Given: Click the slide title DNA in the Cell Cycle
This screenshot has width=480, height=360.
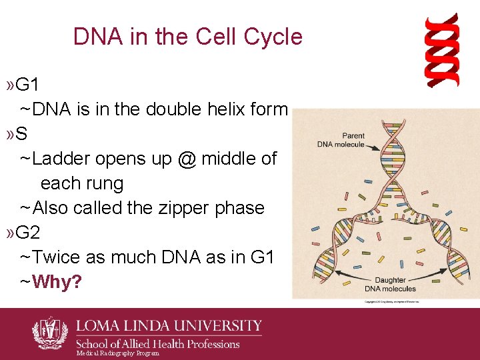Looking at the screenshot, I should (x=187, y=37).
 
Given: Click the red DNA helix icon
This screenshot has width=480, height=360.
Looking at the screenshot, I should (x=443, y=50).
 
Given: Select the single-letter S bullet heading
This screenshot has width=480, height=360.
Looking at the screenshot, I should (x=21, y=134).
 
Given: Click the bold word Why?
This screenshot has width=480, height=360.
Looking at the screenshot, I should (x=57, y=282).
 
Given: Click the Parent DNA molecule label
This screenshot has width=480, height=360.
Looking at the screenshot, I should (x=341, y=140).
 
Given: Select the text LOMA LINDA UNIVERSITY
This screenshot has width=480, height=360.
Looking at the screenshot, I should (x=168, y=326).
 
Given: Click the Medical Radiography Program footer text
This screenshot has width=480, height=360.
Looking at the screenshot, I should (x=117, y=353).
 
